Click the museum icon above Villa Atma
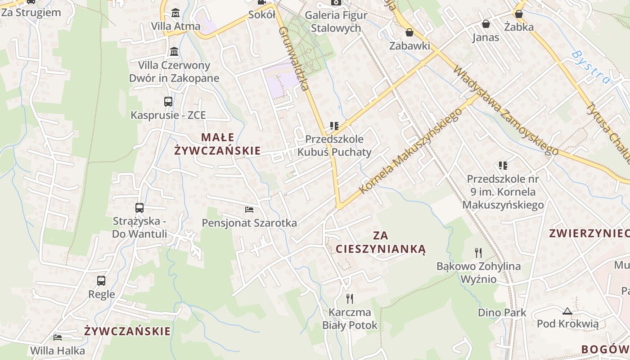point(175,13)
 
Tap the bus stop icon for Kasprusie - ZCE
point(168,102)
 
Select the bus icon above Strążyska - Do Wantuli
point(139,208)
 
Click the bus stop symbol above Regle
point(101,281)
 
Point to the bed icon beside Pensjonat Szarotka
point(249,210)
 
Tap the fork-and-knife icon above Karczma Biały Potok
point(350,298)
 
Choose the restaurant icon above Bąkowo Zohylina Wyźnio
point(478,253)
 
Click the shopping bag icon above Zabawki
point(409,32)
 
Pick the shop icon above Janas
point(486,24)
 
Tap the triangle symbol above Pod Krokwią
point(567,310)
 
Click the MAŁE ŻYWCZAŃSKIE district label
point(217,144)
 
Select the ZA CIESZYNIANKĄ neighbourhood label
point(380,242)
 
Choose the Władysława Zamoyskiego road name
point(506,110)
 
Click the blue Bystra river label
point(591,67)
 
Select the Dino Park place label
point(502,312)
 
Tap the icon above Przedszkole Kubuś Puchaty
point(334,126)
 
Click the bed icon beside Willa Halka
point(58,337)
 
